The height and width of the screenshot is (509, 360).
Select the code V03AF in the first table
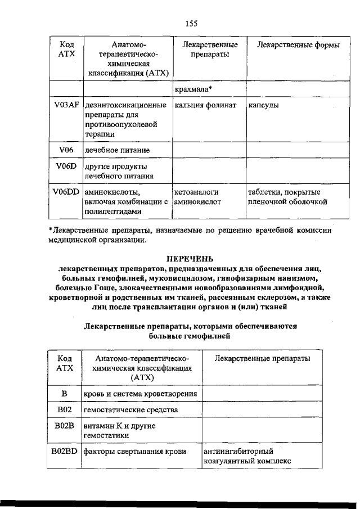pos(65,105)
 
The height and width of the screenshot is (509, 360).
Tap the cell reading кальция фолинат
pos(204,105)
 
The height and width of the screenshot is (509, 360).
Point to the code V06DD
pos(66,192)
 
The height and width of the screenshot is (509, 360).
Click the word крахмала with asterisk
pos(193,89)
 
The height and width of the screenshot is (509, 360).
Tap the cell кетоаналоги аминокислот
pos(197,196)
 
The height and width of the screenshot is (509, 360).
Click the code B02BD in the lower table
pos(64,451)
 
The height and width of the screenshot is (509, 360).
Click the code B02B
pos(64,426)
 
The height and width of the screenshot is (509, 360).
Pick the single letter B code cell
pos(64,393)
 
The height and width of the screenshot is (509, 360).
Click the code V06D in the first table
pos(65,166)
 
